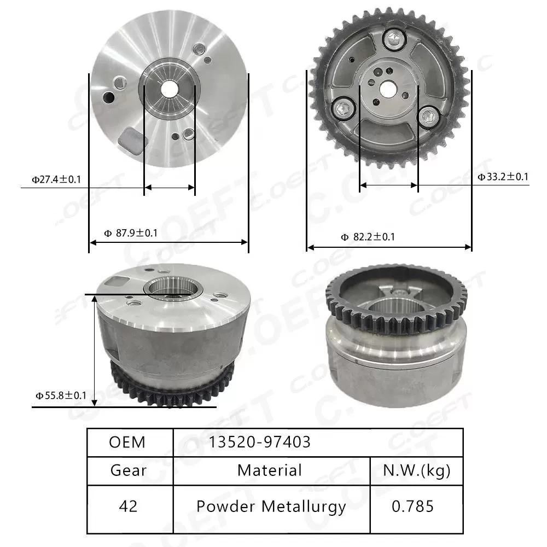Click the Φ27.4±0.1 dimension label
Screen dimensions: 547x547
tap(56, 179)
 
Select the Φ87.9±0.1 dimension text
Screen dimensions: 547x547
tap(131, 233)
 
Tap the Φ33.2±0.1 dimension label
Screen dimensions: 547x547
tap(503, 176)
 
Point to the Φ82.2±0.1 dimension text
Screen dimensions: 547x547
tap(368, 237)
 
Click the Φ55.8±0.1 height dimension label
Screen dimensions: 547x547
tap(61, 395)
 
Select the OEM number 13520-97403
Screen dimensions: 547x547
tap(259, 442)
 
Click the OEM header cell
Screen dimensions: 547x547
tap(127, 442)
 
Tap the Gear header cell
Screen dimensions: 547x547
tap(129, 470)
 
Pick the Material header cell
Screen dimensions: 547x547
tap(270, 470)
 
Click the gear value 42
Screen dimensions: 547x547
tap(129, 506)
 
